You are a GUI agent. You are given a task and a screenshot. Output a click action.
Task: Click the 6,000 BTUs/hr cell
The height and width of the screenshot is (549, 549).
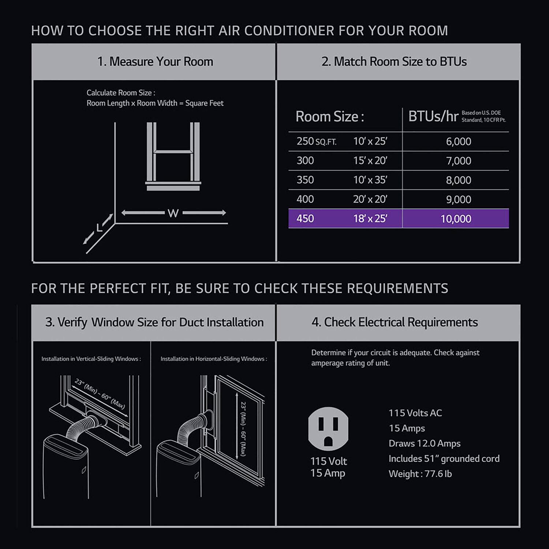(458, 142)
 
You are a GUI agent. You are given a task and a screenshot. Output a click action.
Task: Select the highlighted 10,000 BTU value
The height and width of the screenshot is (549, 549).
(456, 219)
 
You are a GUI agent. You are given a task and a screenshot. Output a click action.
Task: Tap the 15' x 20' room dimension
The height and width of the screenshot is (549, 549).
(370, 161)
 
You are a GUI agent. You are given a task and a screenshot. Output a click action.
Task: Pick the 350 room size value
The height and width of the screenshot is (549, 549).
(305, 180)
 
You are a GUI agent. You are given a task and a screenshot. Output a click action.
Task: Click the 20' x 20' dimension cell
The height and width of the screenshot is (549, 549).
(370, 199)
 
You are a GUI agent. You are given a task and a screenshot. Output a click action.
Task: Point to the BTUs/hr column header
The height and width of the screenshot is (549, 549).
(433, 117)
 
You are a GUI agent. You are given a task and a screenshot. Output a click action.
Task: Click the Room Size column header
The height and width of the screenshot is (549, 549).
(329, 117)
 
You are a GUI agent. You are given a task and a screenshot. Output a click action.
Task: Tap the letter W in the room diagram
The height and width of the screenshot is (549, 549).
(173, 213)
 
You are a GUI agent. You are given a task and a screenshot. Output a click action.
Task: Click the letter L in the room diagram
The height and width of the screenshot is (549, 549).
(99, 228)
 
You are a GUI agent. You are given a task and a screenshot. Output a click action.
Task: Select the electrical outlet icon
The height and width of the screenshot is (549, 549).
(328, 428)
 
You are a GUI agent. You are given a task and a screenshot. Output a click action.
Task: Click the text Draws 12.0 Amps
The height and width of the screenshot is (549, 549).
(425, 444)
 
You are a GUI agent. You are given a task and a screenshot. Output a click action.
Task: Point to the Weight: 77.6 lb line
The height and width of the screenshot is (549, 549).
(420, 474)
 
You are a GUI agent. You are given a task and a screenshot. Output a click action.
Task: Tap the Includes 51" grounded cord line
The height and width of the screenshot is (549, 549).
(444, 459)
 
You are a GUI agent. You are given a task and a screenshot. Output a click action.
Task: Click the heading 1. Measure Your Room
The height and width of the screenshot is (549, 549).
(155, 61)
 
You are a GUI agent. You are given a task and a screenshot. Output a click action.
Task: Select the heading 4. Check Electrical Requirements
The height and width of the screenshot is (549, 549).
(395, 322)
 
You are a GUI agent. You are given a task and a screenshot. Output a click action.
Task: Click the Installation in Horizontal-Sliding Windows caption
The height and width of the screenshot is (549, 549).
(214, 359)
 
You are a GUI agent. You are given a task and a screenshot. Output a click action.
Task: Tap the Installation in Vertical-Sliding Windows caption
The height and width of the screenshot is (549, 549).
(91, 359)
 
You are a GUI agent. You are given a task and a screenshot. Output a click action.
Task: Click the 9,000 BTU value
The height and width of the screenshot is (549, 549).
(458, 199)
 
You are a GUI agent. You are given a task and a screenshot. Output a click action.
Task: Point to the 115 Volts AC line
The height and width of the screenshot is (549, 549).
(415, 413)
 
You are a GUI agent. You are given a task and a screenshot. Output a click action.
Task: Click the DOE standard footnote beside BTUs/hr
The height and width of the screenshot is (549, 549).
(483, 116)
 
